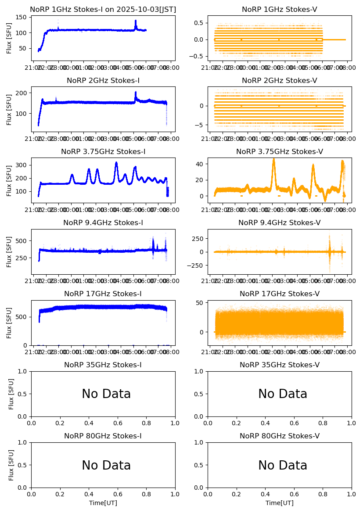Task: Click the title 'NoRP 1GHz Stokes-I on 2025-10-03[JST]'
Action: (x=103, y=9)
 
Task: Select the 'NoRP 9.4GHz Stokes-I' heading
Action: (x=103, y=223)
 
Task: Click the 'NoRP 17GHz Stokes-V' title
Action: (x=280, y=294)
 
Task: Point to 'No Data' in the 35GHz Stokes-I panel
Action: (x=106, y=394)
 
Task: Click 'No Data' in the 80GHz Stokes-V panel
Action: (x=283, y=466)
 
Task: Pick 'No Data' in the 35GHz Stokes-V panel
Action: (x=283, y=394)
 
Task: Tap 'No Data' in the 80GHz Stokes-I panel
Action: (x=106, y=466)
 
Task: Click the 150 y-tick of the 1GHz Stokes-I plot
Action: (x=22, y=18)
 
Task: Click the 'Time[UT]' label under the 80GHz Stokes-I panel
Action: (x=103, y=503)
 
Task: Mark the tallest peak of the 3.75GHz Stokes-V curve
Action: (x=273, y=159)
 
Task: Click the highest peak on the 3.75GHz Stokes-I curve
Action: (x=116, y=163)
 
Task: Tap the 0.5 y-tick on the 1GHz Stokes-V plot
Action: (x=200, y=22)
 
